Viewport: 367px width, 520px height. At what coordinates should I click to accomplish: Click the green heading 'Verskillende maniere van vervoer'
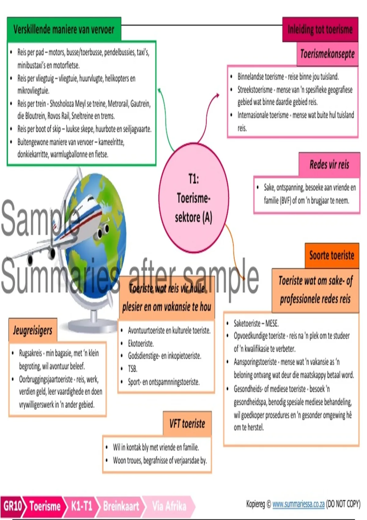tap(64, 29)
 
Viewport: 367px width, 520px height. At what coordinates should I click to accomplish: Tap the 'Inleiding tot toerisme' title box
tap(320, 29)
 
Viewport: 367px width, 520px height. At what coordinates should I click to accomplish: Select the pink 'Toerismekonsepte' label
tap(327, 54)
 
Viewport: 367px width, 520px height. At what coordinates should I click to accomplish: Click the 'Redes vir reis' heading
tap(329, 165)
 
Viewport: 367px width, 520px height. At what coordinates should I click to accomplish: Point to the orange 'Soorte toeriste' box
tap(332, 255)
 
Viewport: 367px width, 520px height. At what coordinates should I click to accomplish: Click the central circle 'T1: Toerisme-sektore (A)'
tap(194, 198)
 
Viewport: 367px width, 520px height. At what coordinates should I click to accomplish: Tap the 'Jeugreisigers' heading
tap(33, 330)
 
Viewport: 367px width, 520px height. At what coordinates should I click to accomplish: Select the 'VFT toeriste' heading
tap(187, 424)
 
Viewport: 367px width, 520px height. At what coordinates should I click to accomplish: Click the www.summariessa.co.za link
tap(298, 504)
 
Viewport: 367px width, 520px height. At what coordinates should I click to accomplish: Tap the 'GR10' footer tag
tap(12, 506)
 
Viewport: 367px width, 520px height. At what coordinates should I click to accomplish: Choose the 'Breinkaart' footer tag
tap(121, 506)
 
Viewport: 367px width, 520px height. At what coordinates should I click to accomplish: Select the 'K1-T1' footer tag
tap(81, 506)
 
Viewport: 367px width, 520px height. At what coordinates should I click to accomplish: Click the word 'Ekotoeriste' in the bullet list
tap(141, 344)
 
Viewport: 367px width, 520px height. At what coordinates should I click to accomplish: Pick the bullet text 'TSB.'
tap(133, 369)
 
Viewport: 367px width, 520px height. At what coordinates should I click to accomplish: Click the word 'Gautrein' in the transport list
tap(140, 104)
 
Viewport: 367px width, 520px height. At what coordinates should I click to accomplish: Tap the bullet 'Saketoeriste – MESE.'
tap(256, 323)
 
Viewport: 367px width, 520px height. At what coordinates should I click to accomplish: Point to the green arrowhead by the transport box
tap(159, 90)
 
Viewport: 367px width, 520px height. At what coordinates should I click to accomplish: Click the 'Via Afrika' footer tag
tap(169, 506)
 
